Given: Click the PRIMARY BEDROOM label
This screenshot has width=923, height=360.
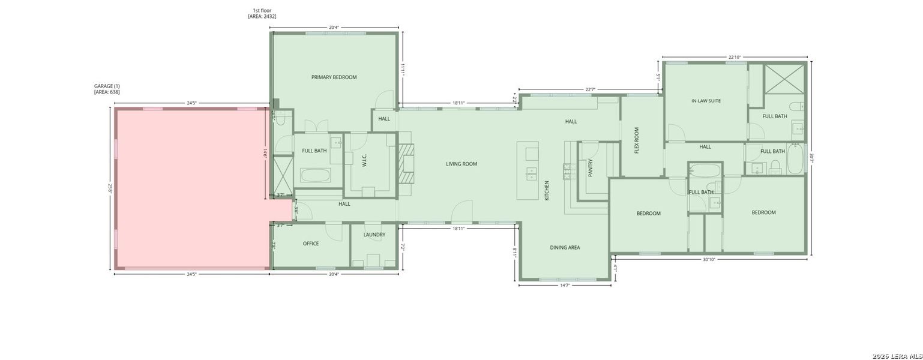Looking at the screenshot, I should tap(334, 77).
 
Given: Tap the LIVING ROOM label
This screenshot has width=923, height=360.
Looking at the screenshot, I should tap(461, 164).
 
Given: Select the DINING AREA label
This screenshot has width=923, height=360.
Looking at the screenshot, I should tap(565, 247).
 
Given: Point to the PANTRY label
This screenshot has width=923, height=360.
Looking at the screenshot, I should tap(591, 167).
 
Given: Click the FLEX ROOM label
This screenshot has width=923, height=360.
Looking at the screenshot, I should tap(637, 140).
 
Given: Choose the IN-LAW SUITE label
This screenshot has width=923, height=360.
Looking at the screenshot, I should tap(706, 101).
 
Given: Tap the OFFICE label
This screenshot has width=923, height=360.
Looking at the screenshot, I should tap(311, 244).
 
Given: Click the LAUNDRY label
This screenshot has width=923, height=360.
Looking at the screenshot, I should tap(374, 235).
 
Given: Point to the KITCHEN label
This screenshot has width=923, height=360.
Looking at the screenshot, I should tap(547, 190).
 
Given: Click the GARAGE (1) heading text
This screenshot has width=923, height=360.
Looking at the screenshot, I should tap(107, 86).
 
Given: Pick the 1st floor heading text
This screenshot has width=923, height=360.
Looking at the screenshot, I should tap(262, 10).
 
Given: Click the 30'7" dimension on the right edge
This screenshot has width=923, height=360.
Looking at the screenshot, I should tap(811, 159).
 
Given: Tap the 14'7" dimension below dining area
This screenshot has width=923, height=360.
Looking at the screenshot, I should tap(564, 286).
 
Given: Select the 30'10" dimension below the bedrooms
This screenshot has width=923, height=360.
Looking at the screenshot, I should tap(709, 260).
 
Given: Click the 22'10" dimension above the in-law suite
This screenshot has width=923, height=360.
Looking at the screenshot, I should tap(735, 58).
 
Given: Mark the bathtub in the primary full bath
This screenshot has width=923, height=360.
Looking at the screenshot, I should tap(315, 176).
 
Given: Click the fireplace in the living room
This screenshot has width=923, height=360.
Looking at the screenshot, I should tap(407, 163).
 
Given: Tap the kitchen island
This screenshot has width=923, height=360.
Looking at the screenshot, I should tap(528, 170).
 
